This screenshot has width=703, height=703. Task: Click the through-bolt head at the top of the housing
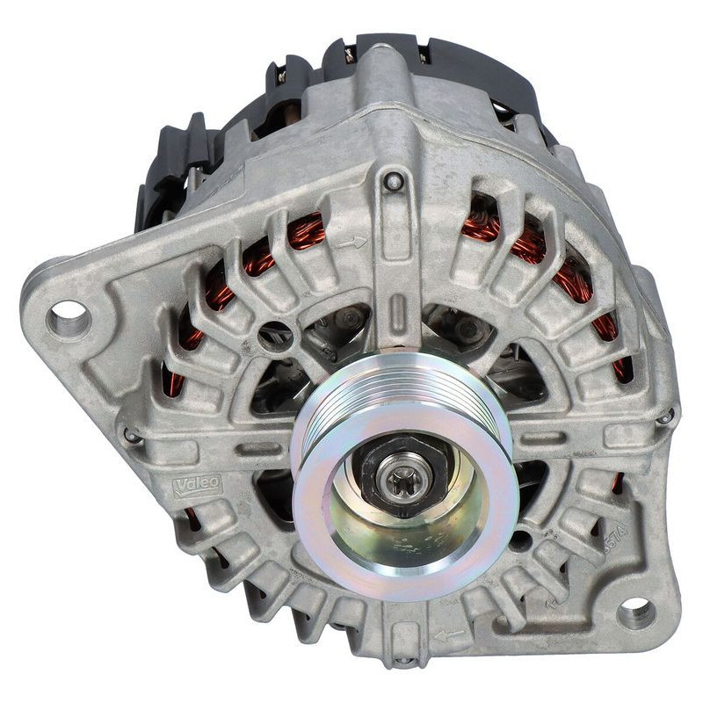395,182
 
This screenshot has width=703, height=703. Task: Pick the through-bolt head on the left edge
131,435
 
